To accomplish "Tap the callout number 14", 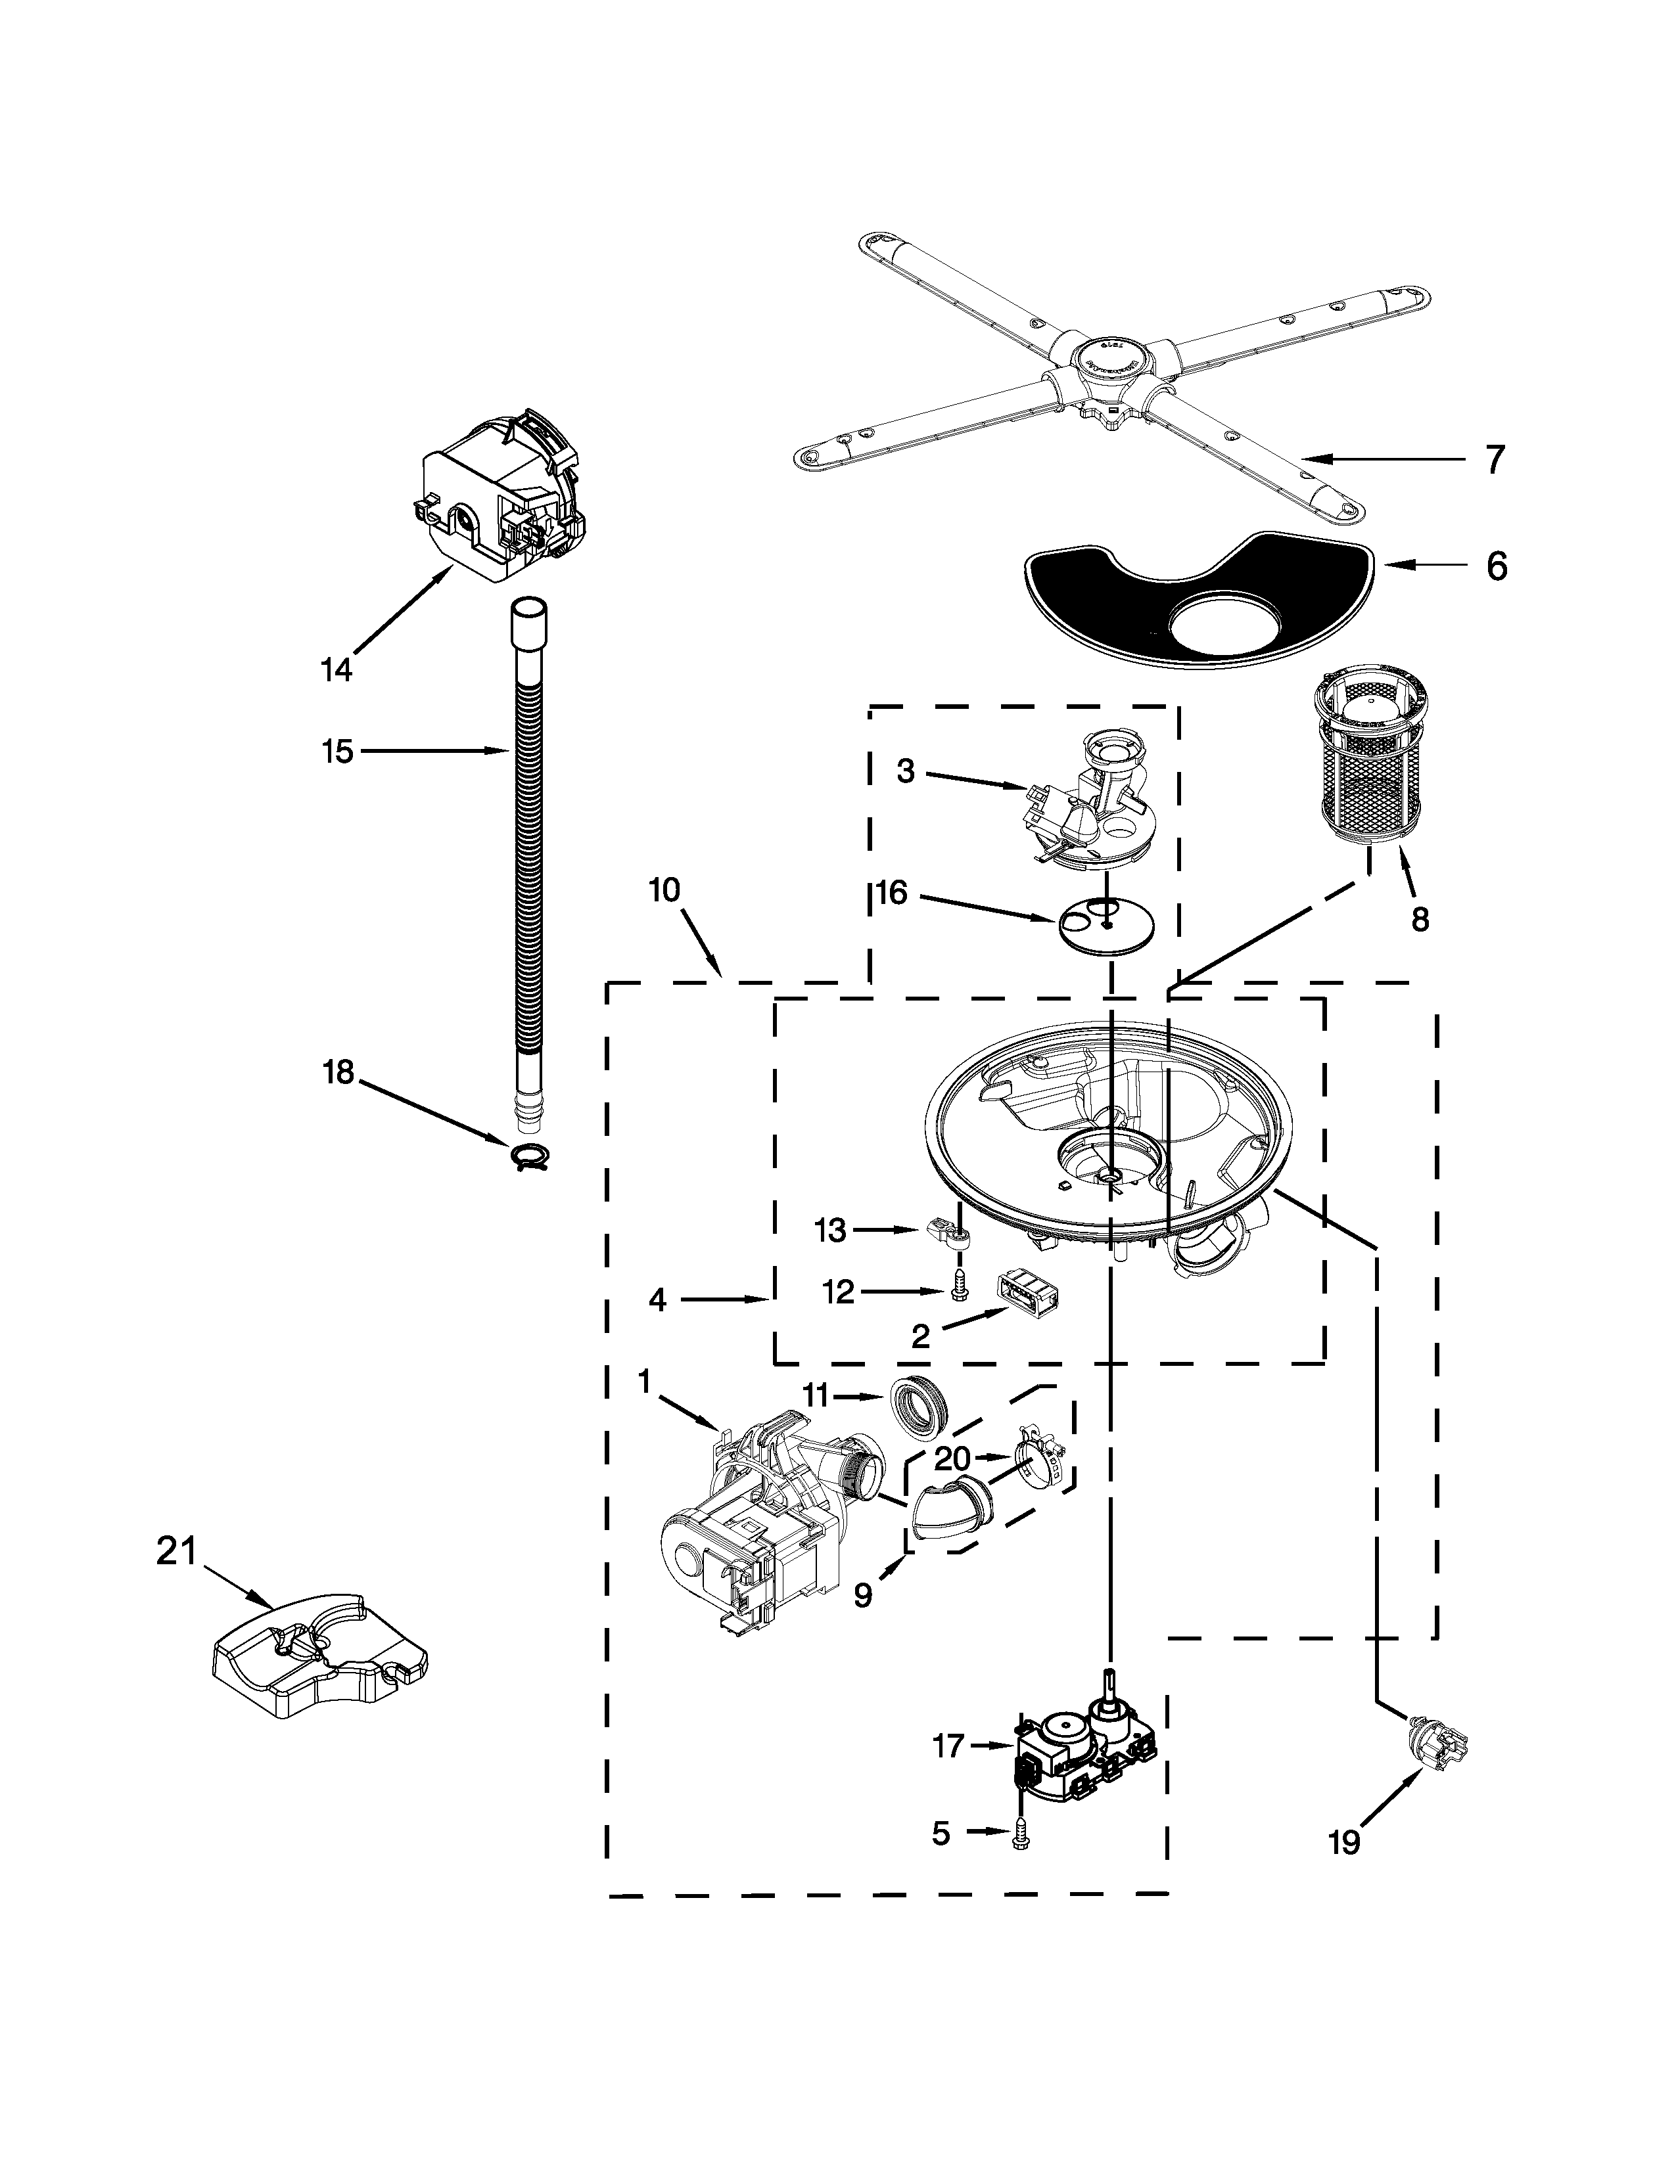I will (x=337, y=671).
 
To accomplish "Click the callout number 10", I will (x=664, y=890).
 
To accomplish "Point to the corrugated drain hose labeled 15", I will (x=526, y=874).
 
